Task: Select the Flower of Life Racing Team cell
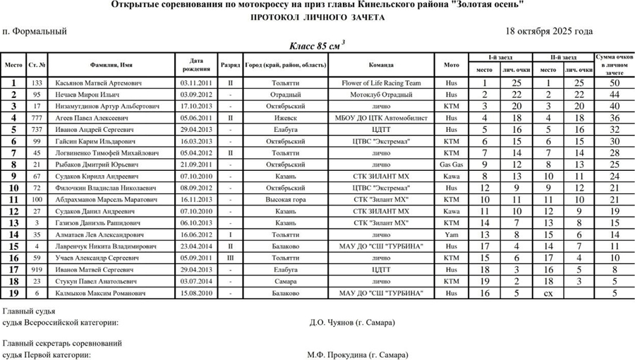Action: pyautogui.click(x=381, y=83)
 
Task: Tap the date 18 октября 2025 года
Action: pyautogui.click(x=549, y=31)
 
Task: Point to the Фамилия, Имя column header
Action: pyautogui.click(x=107, y=65)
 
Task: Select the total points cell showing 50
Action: pyautogui.click(x=615, y=83)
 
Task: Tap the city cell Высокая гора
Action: pyautogui.click(x=285, y=199)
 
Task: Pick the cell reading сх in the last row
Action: pyautogui.click(x=548, y=292)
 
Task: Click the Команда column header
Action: pyautogui.click(x=381, y=65)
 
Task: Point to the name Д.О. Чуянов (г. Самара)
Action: pyautogui.click(x=352, y=323)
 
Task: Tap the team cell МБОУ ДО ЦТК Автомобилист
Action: pyautogui.click(x=381, y=118)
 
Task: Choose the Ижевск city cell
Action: pyautogui.click(x=285, y=118)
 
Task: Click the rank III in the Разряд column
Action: pyautogui.click(x=230, y=257)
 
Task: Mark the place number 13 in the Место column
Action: pyautogui.click(x=13, y=222)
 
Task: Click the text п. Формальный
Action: pyautogui.click(x=35, y=31)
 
